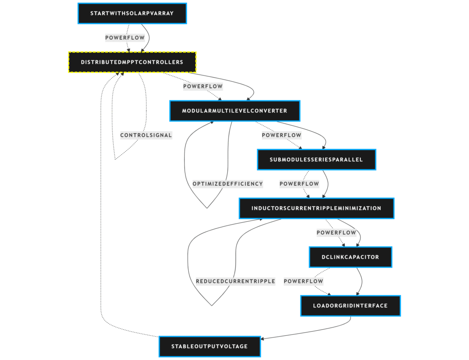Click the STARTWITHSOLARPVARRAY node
point(132,13)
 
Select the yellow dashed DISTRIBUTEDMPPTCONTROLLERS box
point(132,62)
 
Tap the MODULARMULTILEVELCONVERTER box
point(234,111)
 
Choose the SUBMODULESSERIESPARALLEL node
point(316,160)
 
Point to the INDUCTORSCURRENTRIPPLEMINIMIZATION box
point(316,209)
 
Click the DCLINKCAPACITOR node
point(350,257)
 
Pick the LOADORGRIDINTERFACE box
point(350,306)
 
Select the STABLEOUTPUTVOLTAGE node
point(209,347)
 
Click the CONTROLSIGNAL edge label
point(146,135)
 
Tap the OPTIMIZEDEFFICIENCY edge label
point(228,184)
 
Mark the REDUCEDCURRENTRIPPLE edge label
point(235,281)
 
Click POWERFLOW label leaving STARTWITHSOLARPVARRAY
point(125,38)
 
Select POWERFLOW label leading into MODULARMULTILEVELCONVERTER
point(203,86)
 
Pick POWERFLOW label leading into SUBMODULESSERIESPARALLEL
point(281,135)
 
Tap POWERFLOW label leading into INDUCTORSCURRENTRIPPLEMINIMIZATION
point(299,184)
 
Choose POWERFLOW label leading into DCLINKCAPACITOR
point(336,233)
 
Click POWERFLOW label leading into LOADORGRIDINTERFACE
point(303,281)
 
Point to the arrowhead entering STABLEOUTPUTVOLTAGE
point(262,339)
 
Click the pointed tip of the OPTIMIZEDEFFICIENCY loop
point(207,208)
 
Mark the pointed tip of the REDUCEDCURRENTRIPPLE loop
point(211,305)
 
